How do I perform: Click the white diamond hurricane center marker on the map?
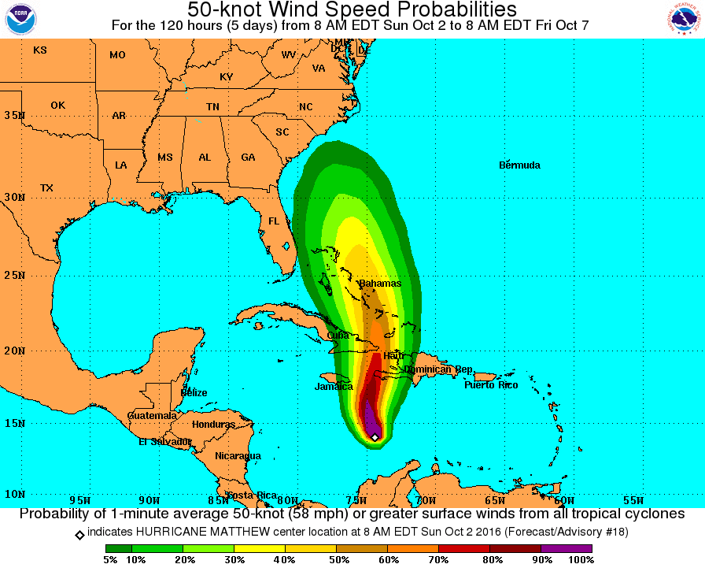pos(375,437)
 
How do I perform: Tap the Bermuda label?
pos(519,165)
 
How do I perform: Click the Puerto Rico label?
pos(491,385)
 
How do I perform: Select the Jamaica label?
pos(334,387)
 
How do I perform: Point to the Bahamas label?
pos(380,284)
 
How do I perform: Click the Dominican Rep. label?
pos(437,369)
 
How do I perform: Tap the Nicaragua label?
pos(238,456)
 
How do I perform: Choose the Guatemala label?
pos(152,415)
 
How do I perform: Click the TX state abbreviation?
pos(46,188)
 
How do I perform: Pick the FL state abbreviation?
pos(274,221)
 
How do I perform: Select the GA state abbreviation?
pos(248,158)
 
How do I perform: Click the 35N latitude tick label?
pos(13,115)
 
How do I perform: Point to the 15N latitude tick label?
pos(13,423)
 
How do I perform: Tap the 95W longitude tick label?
pos(80,499)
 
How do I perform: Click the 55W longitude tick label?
pos(633,499)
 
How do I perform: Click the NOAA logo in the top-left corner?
pos(21,19)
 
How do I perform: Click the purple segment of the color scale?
pos(567,547)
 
